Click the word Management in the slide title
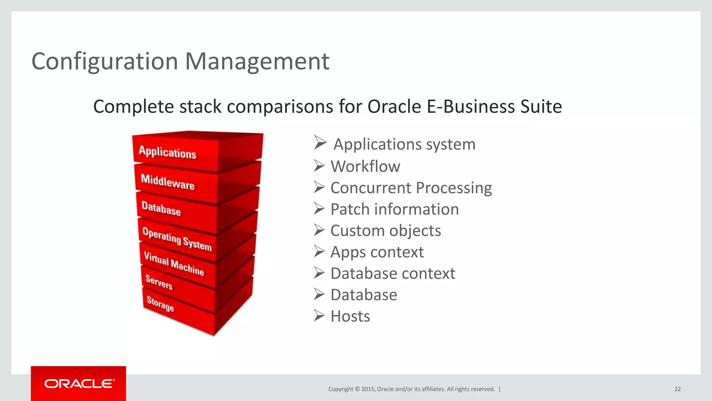pos(257,62)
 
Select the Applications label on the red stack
pos(168,152)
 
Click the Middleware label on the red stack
pos(168,182)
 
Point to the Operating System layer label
pos(177,239)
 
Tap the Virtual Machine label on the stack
pos(174,264)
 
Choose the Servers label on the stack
pos(159,282)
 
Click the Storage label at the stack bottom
pos(160,304)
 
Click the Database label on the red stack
pos(161,209)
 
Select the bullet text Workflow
pos(365,166)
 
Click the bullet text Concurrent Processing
pos(411,188)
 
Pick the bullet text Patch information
pos(395,209)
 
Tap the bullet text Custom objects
pos(386,231)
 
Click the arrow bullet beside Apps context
pos(319,251)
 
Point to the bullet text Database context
pos(393,274)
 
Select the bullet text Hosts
pos(350,316)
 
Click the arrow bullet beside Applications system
pos(320,143)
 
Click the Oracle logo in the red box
pos(79,384)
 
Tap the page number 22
pos(677,389)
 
